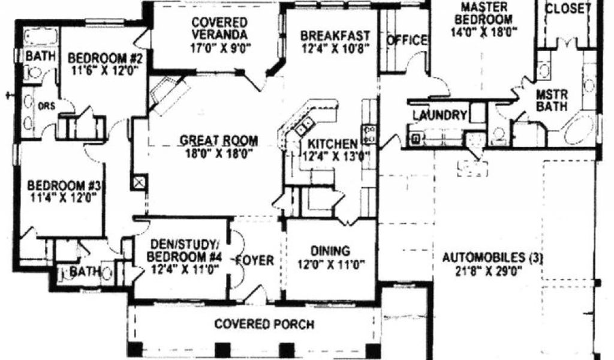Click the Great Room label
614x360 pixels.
[x=219, y=142]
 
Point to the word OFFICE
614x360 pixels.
[x=407, y=40]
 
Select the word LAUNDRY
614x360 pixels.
[x=440, y=115]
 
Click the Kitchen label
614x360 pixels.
[x=333, y=144]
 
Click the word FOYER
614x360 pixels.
[x=254, y=261]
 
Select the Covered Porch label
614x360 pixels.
[x=264, y=325]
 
